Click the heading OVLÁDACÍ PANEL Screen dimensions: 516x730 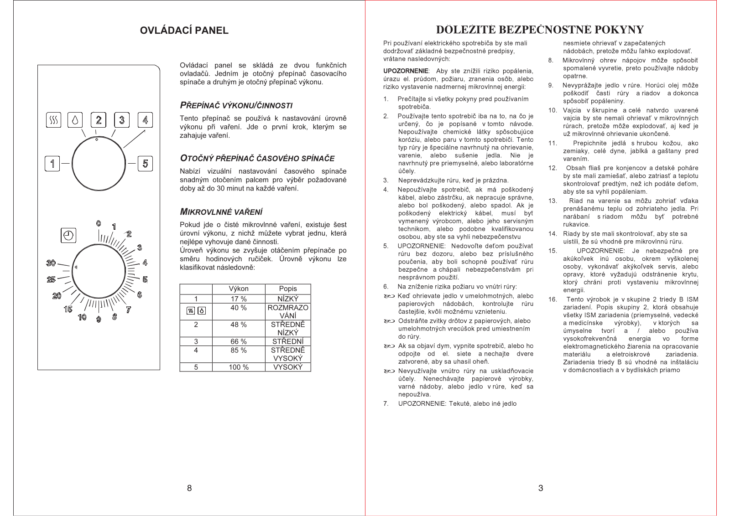184,31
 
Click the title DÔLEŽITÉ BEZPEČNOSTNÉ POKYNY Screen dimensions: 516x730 540,30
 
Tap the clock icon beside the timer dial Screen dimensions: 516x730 68,235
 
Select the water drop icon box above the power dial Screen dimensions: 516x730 75,120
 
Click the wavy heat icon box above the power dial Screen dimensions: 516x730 54,120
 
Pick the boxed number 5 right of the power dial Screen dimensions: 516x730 145,163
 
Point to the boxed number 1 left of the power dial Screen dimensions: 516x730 52,163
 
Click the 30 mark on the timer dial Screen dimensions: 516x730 51,263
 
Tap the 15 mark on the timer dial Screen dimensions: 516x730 68,309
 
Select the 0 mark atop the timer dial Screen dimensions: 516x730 99,223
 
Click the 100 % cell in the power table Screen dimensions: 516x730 239,367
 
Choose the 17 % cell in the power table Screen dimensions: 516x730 239,299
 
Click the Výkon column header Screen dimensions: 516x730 239,289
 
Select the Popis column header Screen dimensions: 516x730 288,289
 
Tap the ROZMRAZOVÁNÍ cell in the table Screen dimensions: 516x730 288,311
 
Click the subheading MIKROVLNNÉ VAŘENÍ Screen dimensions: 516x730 221,212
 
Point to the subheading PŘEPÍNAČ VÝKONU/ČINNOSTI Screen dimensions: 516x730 236,105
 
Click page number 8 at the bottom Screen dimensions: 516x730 189,488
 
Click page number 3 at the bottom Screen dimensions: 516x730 541,488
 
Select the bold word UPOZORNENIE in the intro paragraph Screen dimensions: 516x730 406,71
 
